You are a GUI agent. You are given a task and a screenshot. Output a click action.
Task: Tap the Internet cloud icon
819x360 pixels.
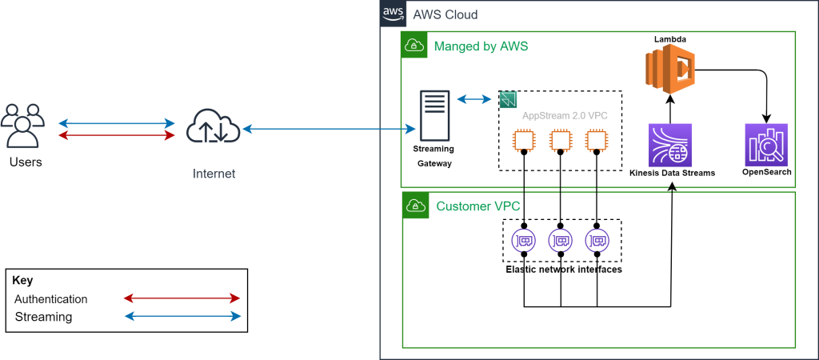(x=213, y=129)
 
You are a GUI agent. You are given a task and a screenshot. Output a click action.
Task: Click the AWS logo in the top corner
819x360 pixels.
(x=393, y=14)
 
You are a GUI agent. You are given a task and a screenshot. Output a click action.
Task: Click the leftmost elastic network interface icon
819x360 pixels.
(x=523, y=239)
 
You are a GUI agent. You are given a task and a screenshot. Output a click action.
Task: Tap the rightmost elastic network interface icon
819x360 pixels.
(x=597, y=239)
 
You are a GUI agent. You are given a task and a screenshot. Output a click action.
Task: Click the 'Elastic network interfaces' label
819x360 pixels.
(x=564, y=270)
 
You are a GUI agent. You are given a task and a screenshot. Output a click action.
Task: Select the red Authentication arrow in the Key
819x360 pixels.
(x=182, y=298)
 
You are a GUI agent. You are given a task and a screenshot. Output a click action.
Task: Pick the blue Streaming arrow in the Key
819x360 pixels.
(x=182, y=317)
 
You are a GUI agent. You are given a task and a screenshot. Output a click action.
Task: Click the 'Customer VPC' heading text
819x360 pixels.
(x=473, y=206)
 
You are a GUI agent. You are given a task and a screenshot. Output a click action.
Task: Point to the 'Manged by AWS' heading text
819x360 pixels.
(x=481, y=46)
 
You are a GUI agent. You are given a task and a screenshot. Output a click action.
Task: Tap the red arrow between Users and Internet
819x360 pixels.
(x=117, y=135)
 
